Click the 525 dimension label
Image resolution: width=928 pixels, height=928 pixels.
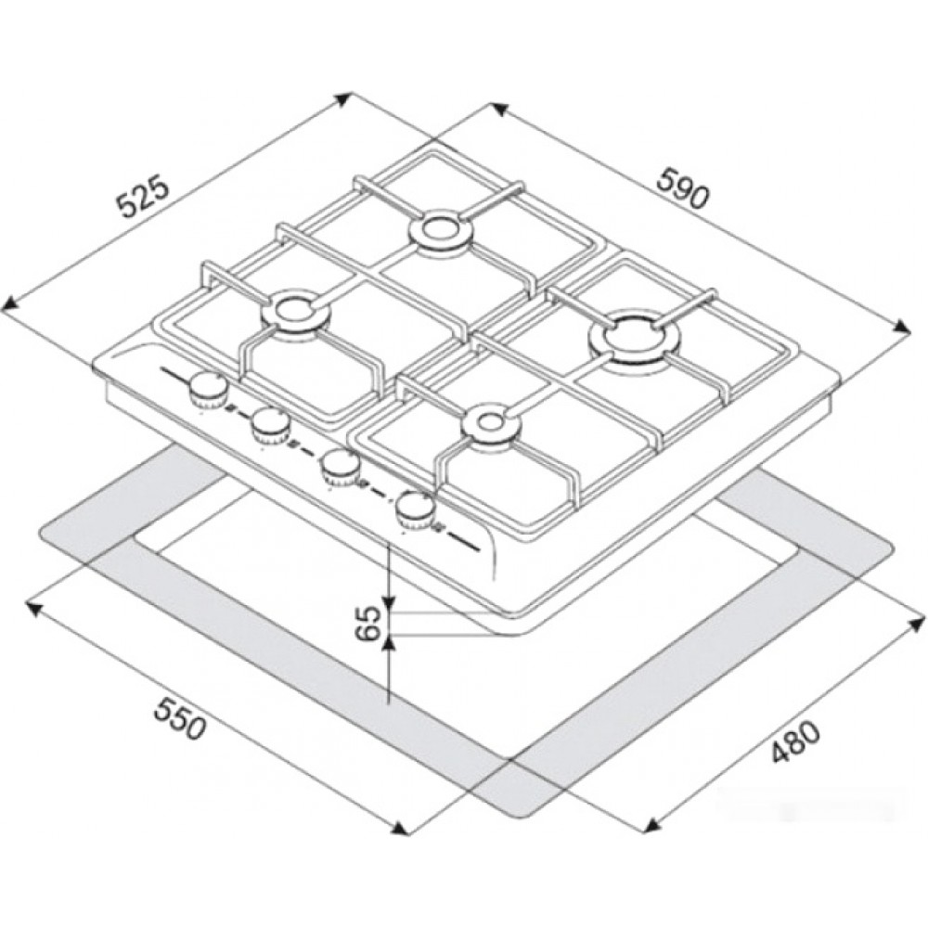(144, 198)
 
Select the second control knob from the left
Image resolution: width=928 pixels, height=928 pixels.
(271, 426)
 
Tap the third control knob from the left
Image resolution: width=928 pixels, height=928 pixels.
(341, 466)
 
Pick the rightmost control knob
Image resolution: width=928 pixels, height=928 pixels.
(416, 509)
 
